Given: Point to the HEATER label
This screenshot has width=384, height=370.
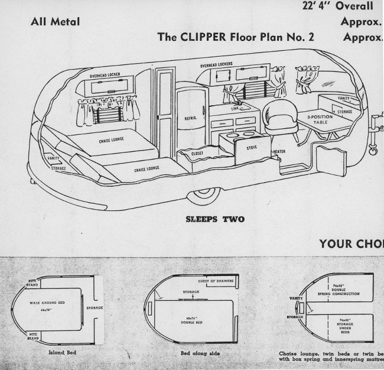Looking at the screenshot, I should pyautogui.click(x=280, y=152).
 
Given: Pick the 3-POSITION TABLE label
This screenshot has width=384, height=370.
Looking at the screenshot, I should pyautogui.click(x=321, y=120).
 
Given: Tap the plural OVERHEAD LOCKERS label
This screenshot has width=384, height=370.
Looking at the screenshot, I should pyautogui.click(x=216, y=64).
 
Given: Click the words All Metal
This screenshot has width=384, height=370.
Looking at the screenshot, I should pyautogui.click(x=55, y=22).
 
